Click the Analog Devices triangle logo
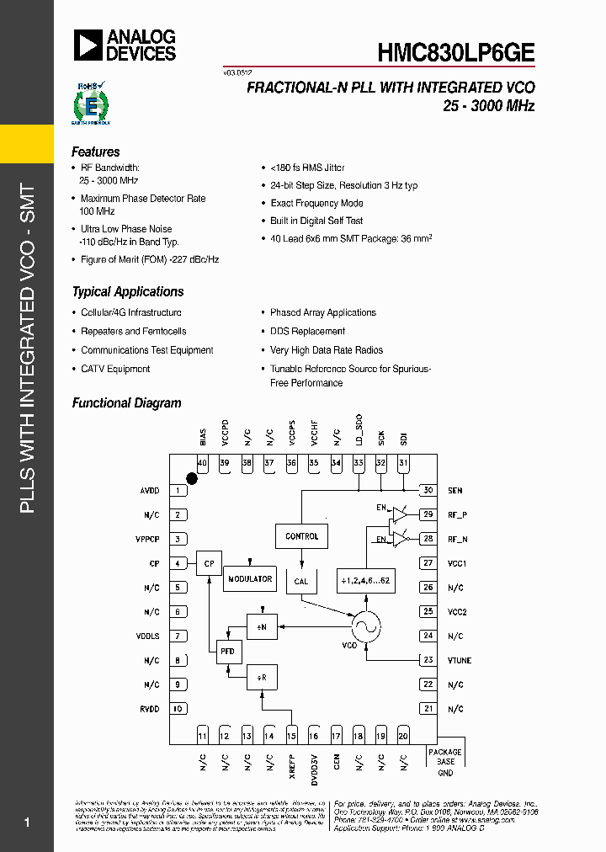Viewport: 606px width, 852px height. pos(88,45)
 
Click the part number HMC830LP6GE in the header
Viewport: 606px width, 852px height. pos(454,51)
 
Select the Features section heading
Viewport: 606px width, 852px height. pos(96,152)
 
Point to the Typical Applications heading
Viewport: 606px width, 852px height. pos(128,292)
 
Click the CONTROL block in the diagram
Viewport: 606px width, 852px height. pos(301,536)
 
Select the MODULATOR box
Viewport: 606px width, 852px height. pos(250,579)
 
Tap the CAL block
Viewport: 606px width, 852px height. pos(301,582)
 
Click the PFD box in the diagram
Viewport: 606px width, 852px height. pos(228,651)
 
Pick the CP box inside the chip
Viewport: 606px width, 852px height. pos(209,563)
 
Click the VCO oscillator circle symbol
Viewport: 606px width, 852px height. pos(366,625)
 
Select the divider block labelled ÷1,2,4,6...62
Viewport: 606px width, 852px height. pos(366,582)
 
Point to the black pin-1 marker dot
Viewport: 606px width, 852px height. pos(192,478)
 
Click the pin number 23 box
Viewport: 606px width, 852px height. pos(428,660)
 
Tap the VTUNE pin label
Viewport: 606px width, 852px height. pos(460,661)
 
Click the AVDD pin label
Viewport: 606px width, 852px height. pos(149,491)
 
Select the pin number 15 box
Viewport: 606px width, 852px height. pos(292,736)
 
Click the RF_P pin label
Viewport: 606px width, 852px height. pos(456,515)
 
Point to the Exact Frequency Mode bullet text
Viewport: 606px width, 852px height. pos(316,203)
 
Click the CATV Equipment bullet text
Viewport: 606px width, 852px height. pos(115,369)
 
